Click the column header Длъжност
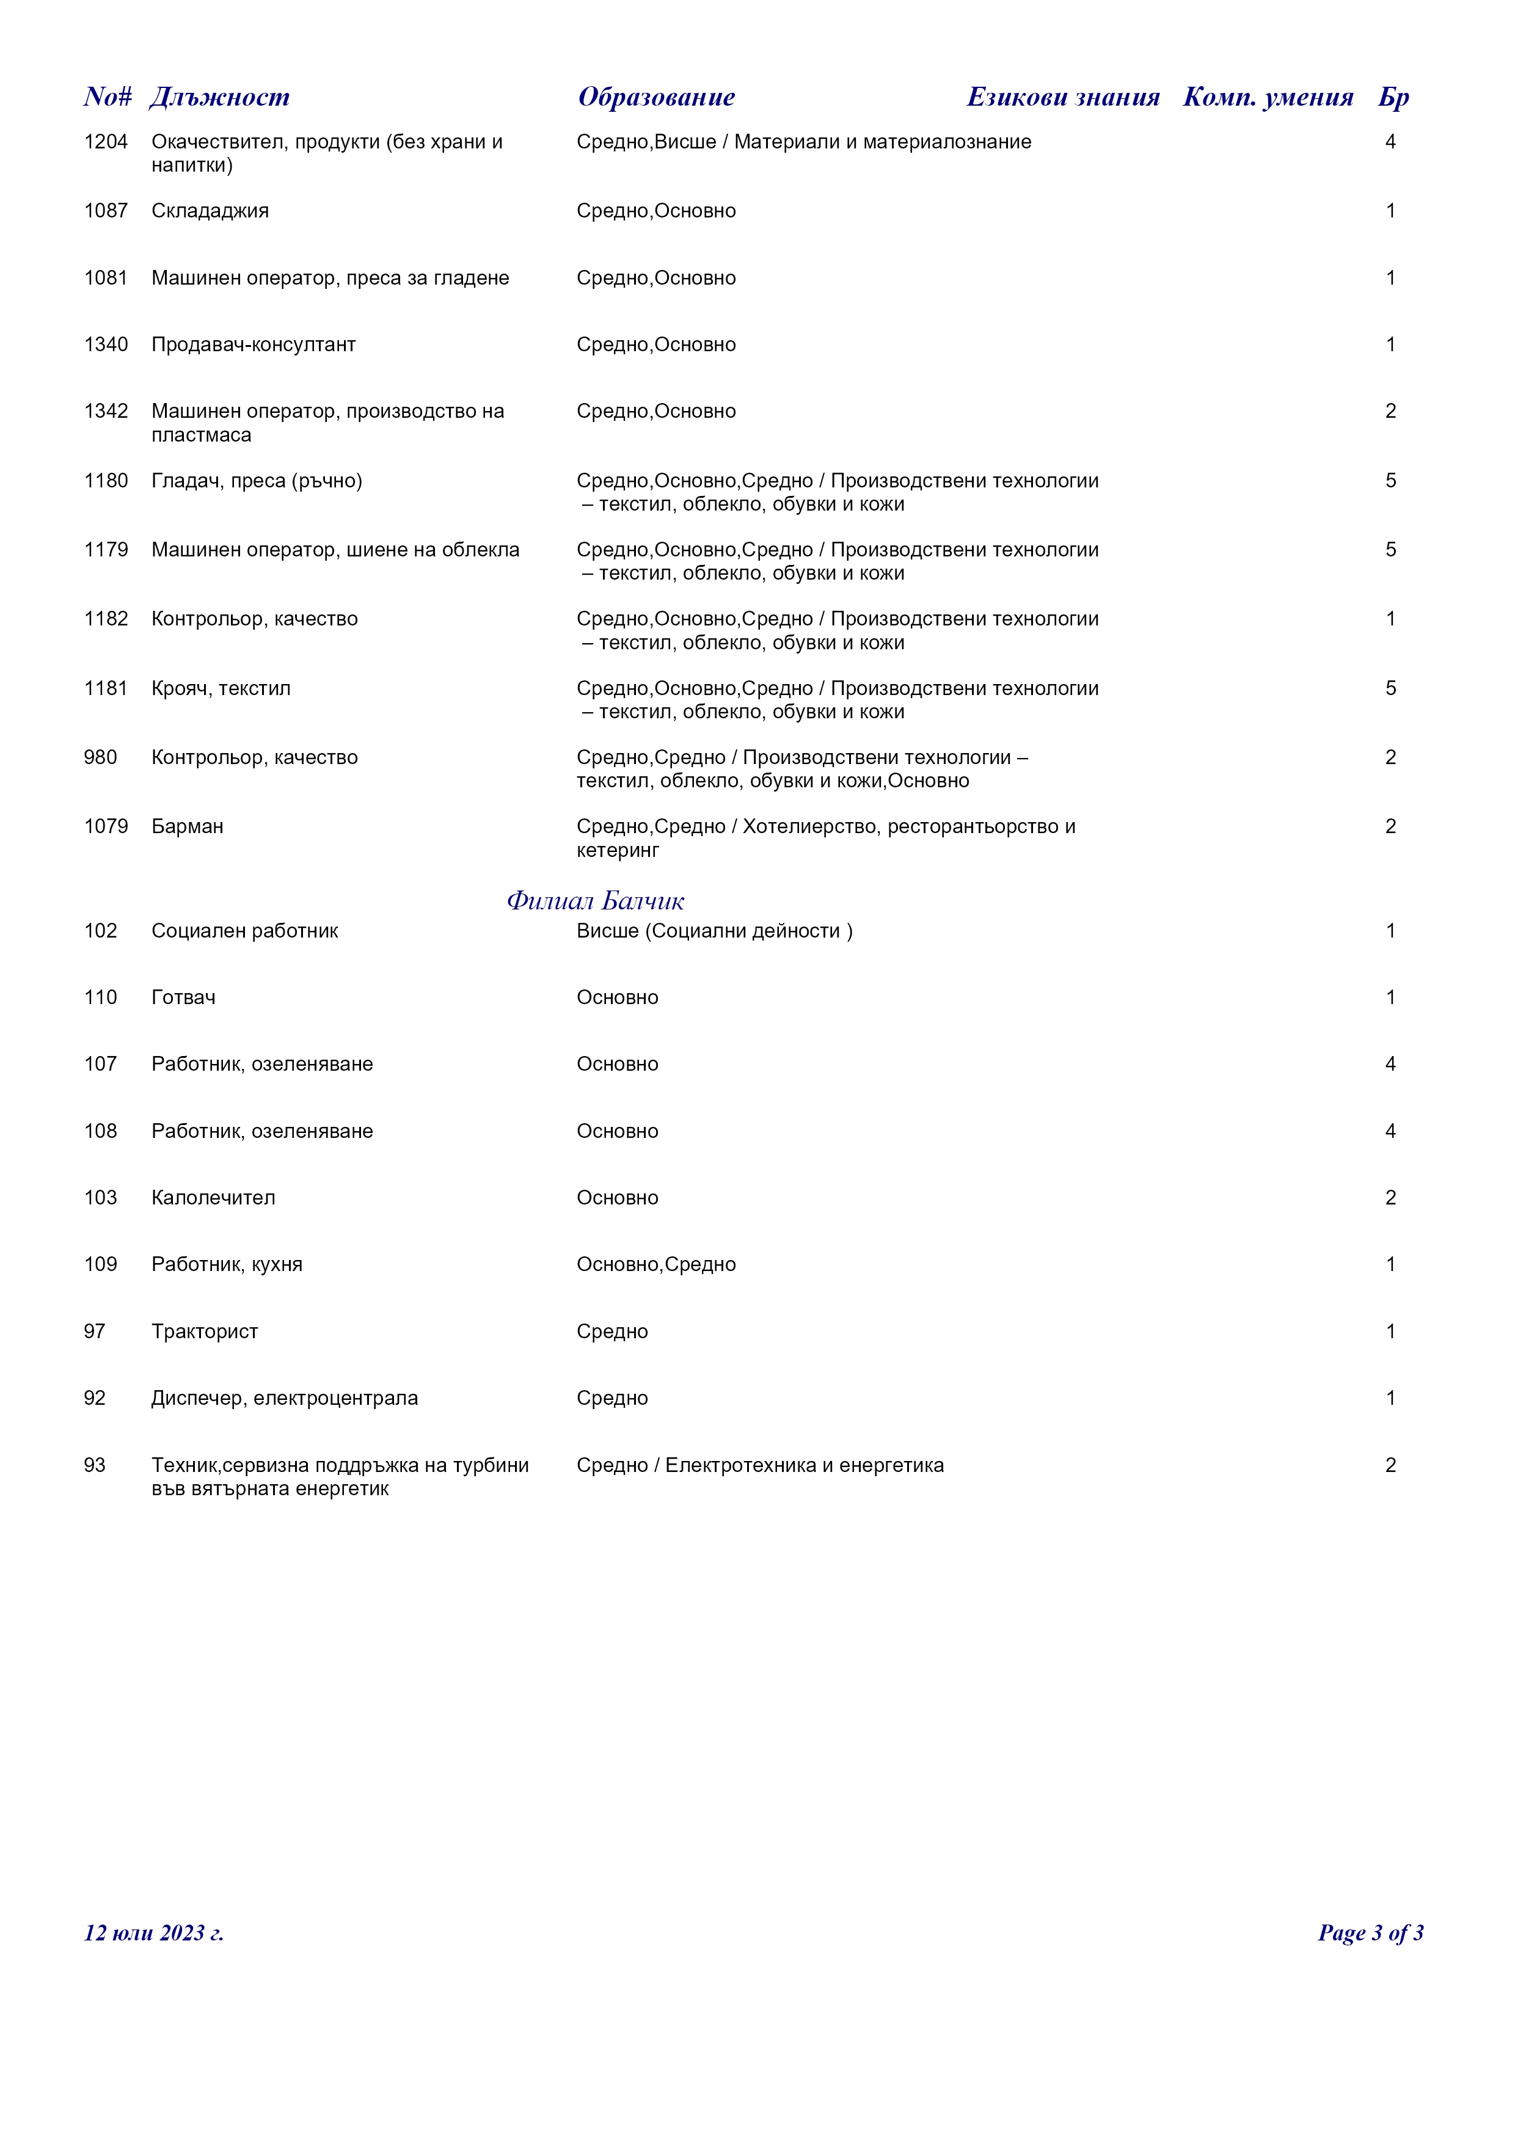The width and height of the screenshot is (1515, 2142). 219,97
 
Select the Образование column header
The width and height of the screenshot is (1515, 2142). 656,97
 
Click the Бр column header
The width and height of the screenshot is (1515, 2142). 1393,98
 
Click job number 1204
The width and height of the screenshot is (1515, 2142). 106,142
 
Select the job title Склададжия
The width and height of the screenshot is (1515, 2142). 210,211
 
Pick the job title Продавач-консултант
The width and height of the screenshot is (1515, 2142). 254,344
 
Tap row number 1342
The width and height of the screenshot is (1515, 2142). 106,412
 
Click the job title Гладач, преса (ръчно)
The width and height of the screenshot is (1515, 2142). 257,481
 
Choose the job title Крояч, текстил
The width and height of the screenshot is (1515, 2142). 221,688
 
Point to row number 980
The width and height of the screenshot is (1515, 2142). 101,757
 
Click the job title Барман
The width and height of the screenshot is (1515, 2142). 188,826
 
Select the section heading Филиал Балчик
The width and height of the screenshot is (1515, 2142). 595,902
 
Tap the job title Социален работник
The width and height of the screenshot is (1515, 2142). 244,931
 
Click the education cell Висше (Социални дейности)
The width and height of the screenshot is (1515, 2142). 714,931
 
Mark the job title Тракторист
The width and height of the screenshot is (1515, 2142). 204,1331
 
